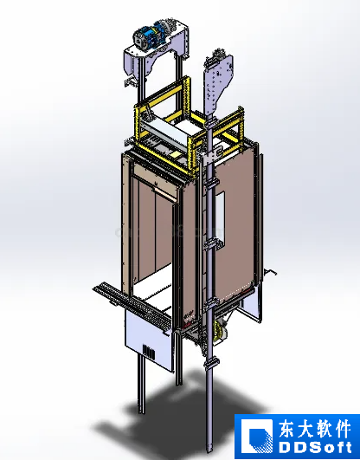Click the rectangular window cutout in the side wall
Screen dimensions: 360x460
pyautogui.click(x=221, y=219)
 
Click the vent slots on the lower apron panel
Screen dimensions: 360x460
pyautogui.click(x=149, y=351)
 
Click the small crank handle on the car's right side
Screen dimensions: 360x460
pyautogui.click(x=270, y=272)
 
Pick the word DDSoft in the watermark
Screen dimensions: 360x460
pyautogui.click(x=315, y=448)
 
